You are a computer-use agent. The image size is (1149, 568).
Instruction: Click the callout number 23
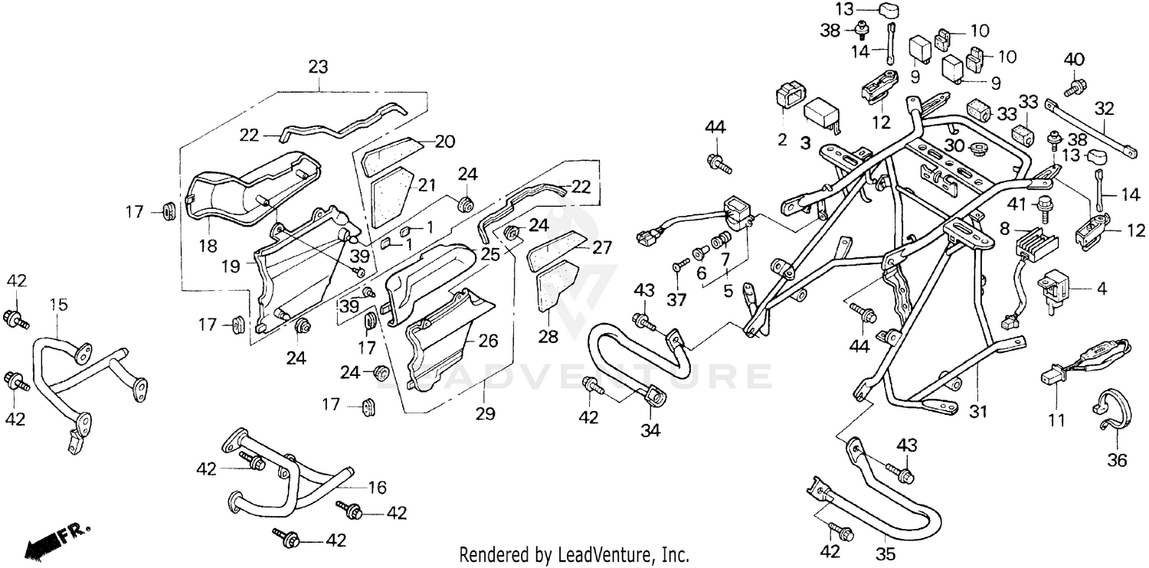318,67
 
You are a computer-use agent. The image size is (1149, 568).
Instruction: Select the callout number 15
58,305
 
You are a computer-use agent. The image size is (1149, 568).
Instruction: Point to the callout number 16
377,488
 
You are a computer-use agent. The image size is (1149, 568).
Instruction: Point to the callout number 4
1101,289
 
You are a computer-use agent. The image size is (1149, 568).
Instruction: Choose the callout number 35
885,555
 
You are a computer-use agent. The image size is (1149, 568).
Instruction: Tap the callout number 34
650,431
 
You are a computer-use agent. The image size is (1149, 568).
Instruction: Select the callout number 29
484,414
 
